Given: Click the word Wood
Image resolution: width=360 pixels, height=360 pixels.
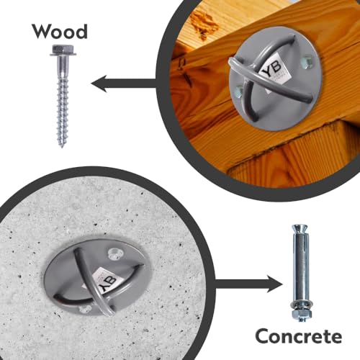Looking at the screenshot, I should [x=60, y=32].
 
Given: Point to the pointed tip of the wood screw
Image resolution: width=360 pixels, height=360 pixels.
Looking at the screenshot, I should [x=63, y=144].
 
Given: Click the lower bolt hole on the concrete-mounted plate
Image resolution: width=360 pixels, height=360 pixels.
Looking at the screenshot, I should [x=85, y=307].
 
